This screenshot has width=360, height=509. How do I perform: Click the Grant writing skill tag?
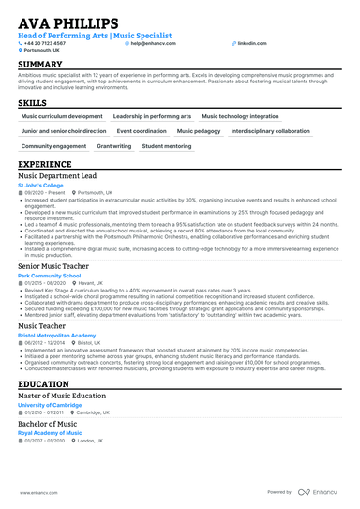point(114,146)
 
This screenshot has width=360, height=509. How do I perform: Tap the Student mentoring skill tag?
point(168,146)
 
